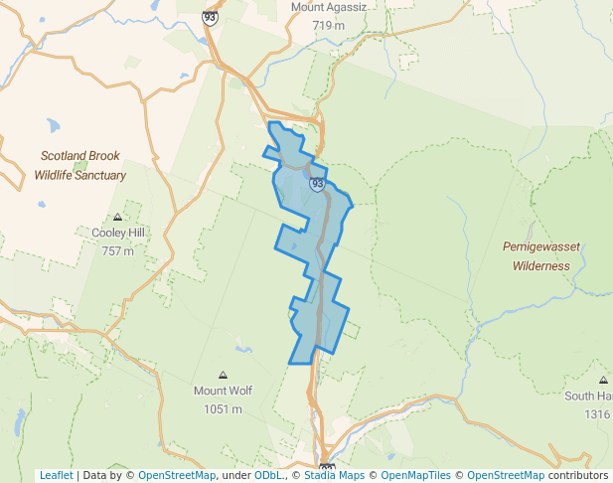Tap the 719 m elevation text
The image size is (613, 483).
coord(328,26)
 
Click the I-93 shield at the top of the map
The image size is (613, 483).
coord(210,17)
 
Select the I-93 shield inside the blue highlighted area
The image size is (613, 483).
coord(317,184)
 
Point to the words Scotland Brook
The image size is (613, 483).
coord(79,156)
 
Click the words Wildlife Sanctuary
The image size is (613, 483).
coord(79,175)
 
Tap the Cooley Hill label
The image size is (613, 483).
coord(117,233)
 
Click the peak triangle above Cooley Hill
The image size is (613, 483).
coord(117,217)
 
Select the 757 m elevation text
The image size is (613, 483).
coord(117,250)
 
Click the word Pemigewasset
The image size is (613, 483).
coord(540,246)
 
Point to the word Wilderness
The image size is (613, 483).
coord(540,265)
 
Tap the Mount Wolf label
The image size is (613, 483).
coord(223,391)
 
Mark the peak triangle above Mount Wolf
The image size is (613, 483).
coord(223,375)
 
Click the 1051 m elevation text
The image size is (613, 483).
coord(223,408)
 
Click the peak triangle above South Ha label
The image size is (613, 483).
coord(603,380)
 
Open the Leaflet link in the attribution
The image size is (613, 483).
coord(56,475)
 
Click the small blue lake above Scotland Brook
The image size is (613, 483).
coord(53,127)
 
